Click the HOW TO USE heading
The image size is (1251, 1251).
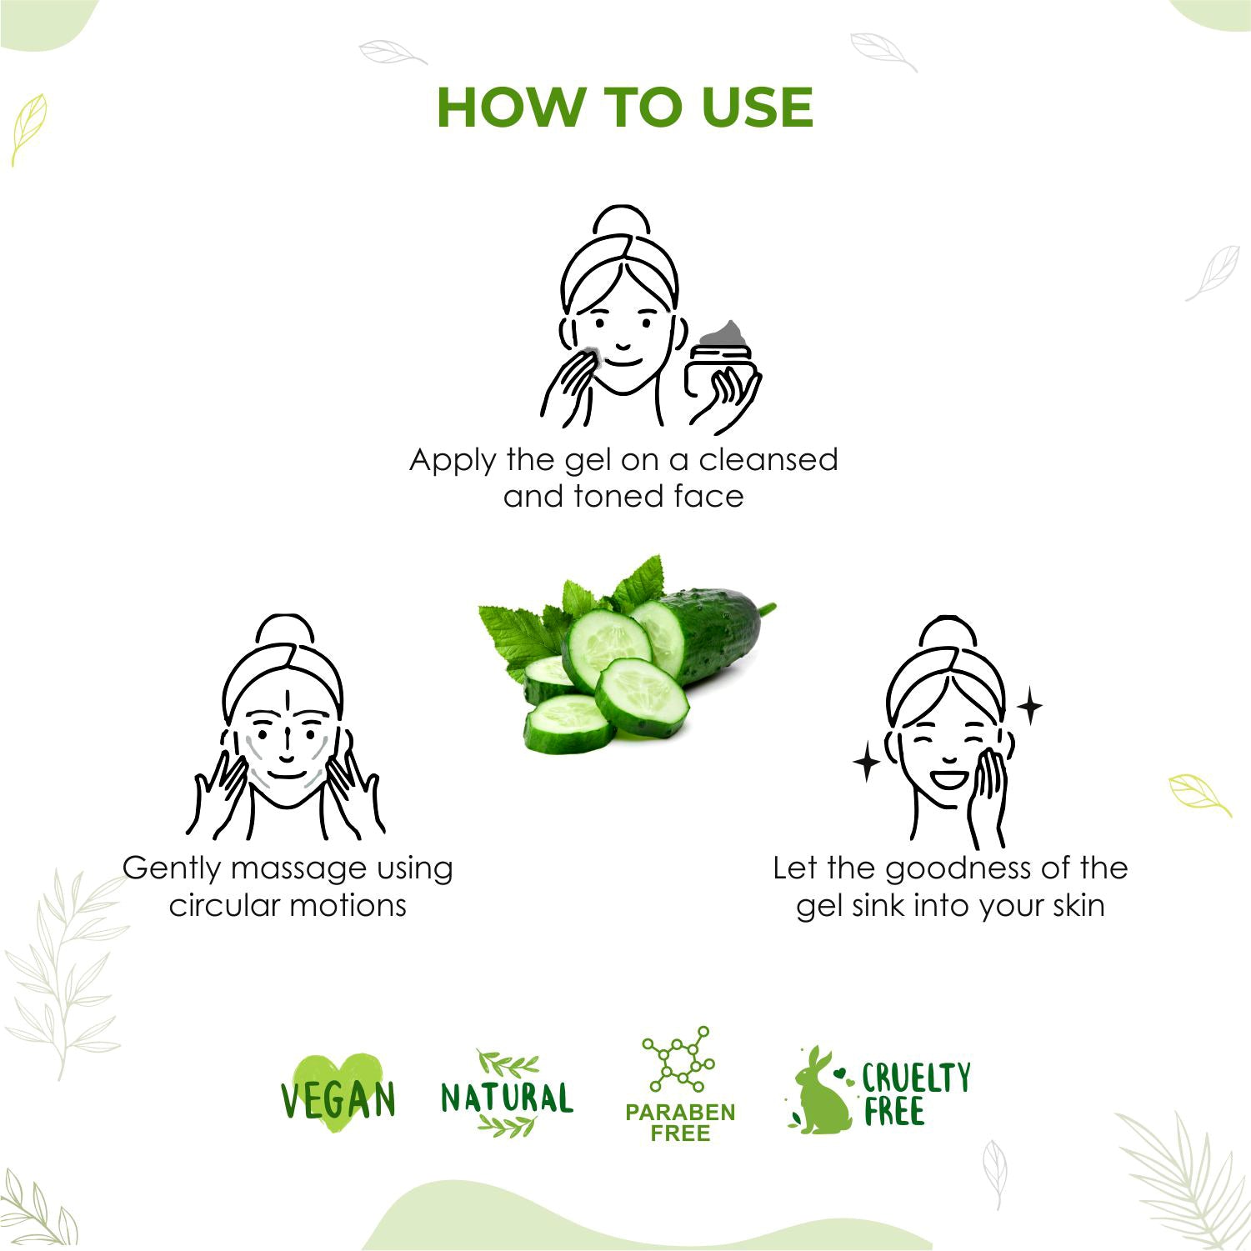point(625,107)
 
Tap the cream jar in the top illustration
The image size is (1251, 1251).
point(721,367)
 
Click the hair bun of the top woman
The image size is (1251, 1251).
point(621,221)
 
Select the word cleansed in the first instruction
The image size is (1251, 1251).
point(768,459)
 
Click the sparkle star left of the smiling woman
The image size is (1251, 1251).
point(867,763)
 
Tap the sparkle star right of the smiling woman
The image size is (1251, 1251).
point(1030,707)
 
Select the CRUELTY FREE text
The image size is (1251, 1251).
point(915,1093)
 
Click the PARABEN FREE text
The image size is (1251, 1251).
point(680,1123)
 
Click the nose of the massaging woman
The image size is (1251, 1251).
point(286,742)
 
